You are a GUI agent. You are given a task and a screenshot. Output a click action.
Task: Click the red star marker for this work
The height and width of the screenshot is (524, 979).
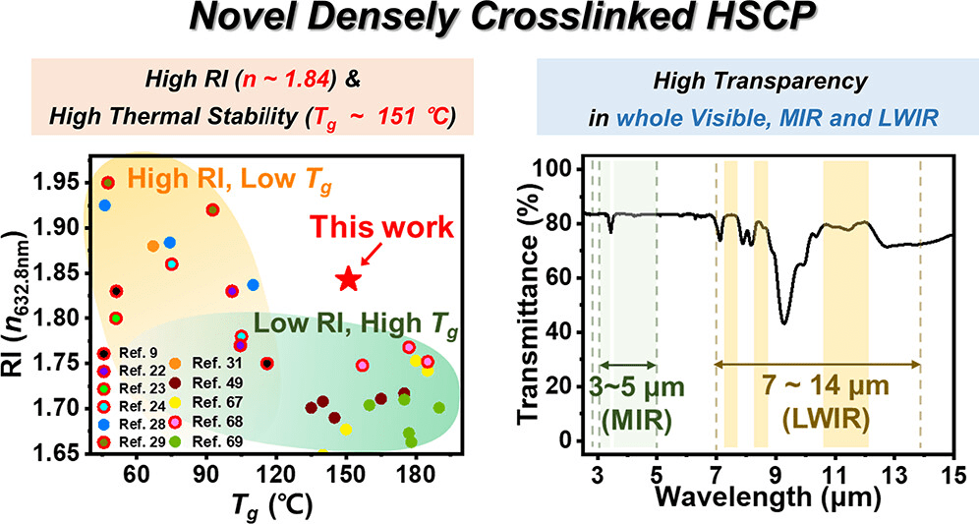[x=349, y=279]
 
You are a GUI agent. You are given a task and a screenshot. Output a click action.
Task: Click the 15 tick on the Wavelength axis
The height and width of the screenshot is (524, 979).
[x=951, y=476]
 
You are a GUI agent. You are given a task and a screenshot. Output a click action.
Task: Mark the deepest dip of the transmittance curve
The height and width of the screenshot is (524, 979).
[x=783, y=322]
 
